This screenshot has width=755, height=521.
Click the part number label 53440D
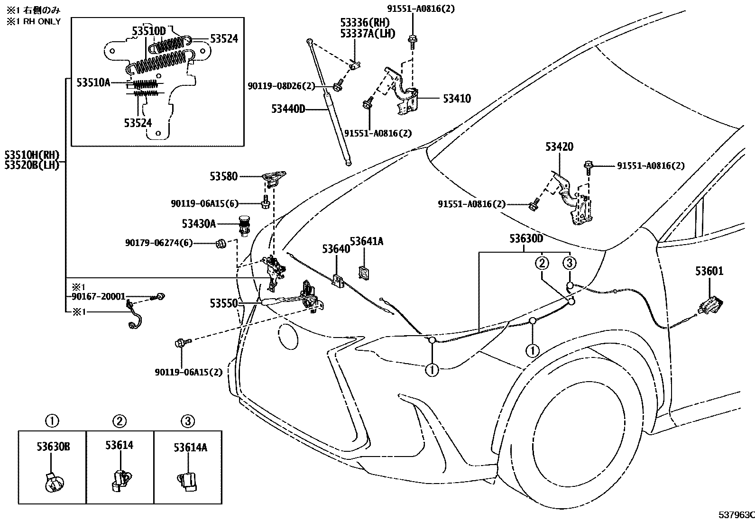(x=288, y=110)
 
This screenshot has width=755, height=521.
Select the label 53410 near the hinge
(x=457, y=99)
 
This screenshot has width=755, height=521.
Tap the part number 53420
(x=559, y=147)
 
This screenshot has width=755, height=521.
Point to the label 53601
(x=709, y=271)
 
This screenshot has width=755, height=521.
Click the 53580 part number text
(x=224, y=176)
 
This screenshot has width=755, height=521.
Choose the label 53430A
(x=199, y=223)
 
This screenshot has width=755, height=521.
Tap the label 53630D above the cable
(x=526, y=238)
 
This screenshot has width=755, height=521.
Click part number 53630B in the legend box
(x=53, y=447)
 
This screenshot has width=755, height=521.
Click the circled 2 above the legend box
(x=120, y=420)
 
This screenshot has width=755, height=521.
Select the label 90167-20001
(x=98, y=297)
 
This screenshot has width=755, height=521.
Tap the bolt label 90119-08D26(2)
(x=281, y=86)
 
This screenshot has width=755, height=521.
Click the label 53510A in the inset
(x=93, y=82)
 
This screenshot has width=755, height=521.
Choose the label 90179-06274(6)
(x=159, y=243)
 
